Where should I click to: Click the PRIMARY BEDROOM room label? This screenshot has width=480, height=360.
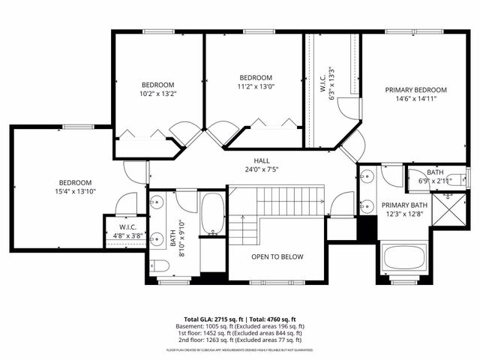click(x=410, y=90)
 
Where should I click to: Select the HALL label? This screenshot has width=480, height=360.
click(x=261, y=160)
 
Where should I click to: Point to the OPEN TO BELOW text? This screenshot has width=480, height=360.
click(x=277, y=256)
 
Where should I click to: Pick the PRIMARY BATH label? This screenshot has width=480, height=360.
click(x=404, y=205)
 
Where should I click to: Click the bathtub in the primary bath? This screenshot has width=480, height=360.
click(x=405, y=259)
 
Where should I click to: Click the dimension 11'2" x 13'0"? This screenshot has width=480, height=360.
click(x=256, y=87)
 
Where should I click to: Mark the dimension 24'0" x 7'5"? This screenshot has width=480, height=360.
click(x=261, y=169)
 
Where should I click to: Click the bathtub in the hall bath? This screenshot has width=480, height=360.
click(x=213, y=214)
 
